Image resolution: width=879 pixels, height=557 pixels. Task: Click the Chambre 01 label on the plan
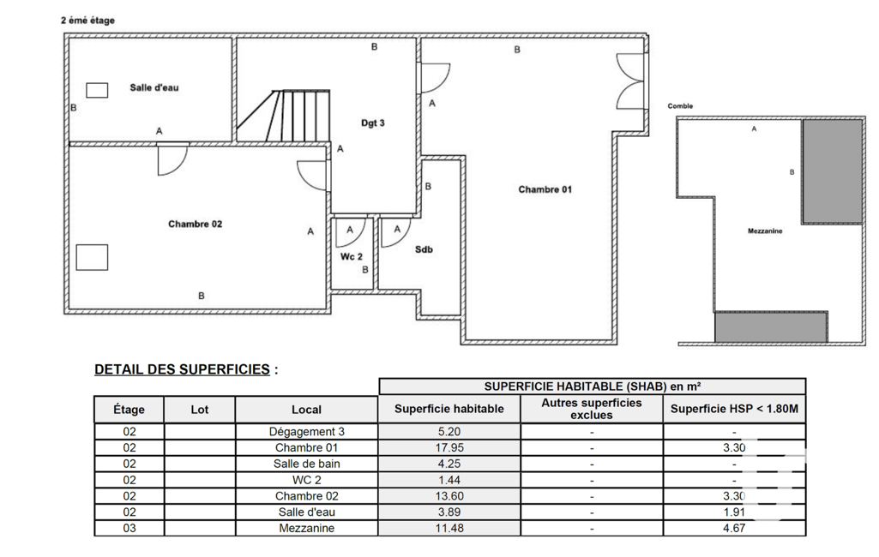click(545, 189)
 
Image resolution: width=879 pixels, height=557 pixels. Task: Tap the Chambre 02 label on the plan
click(195, 224)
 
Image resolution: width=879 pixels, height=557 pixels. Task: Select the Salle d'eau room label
click(154, 87)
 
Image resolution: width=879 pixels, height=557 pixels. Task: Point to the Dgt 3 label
click(372, 123)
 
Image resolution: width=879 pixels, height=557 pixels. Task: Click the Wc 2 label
click(352, 256)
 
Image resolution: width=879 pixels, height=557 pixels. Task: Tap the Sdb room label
click(424, 249)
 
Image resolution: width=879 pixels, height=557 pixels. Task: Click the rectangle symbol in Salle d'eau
click(97, 89)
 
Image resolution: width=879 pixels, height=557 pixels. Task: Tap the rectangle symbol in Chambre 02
click(92, 257)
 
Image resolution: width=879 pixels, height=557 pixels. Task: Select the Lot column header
click(199, 410)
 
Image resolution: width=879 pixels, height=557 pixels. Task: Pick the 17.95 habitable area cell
click(449, 448)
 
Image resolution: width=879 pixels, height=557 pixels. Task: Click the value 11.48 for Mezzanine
click(449, 529)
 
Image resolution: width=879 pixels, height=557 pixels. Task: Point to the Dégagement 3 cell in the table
click(306, 432)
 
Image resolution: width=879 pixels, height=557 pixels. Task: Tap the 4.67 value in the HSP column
click(734, 529)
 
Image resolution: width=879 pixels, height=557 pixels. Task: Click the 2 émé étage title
click(87, 20)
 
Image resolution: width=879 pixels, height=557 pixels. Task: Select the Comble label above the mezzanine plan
click(680, 106)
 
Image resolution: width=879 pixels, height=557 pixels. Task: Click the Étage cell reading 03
click(129, 529)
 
